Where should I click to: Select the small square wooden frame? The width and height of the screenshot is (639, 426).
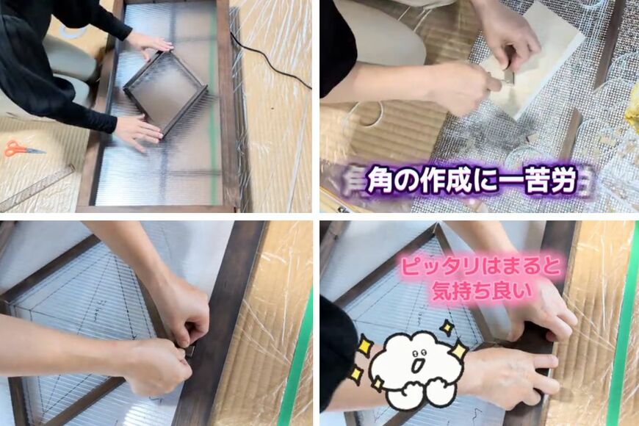pyautogui.click(x=165, y=91)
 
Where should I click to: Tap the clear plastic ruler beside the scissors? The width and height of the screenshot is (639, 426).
pyautogui.click(x=37, y=188)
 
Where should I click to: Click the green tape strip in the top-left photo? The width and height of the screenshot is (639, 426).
pyautogui.click(x=214, y=110)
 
